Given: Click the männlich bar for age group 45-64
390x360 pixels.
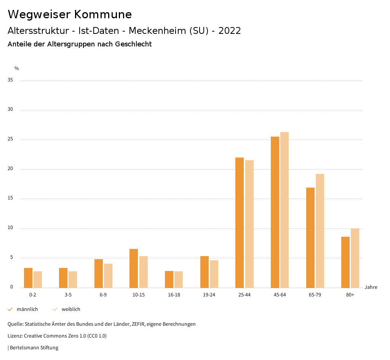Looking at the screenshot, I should tap(275, 212).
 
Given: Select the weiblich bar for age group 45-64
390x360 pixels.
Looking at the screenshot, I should tap(285, 210).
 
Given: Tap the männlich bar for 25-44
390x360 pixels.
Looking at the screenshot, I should tap(240, 223).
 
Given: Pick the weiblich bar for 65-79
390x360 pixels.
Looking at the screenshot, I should tap(320, 231).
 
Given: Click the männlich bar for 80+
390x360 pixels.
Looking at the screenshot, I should tap(345, 262).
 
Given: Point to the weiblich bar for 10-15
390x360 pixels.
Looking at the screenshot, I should tap(144, 272).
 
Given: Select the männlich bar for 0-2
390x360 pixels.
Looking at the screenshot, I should tap(28, 278).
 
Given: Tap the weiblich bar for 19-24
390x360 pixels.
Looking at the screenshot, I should tap(214, 274).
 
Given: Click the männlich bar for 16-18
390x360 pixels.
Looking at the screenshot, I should tap(169, 279).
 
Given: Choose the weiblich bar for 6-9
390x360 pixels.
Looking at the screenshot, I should tap(108, 276).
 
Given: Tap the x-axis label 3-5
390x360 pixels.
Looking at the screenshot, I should tap(68, 295).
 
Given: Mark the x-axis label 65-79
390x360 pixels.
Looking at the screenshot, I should tap(315, 295).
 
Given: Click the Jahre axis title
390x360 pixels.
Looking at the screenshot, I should tap(371, 287).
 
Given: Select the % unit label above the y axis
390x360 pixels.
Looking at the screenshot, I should tap(17, 68).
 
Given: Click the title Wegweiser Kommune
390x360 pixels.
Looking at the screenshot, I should tap(70, 14).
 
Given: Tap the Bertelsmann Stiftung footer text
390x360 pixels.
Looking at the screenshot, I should tap(34, 348).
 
